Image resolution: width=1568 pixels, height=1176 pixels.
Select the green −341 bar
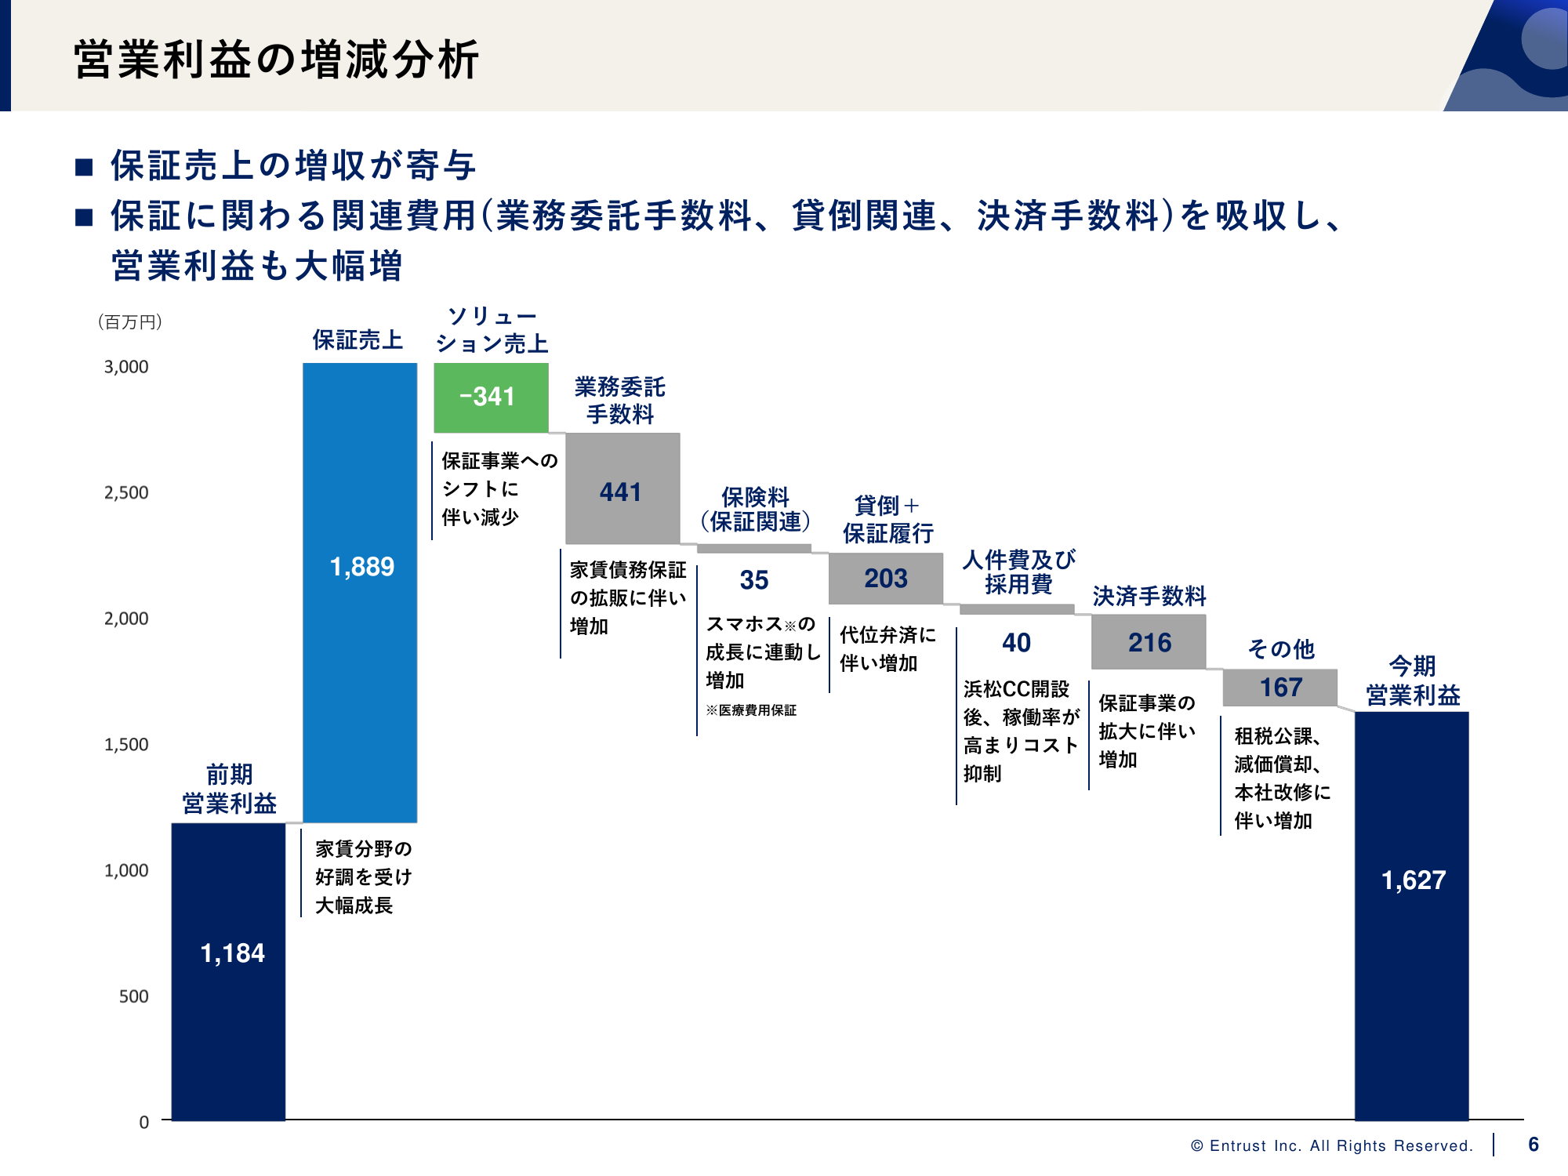coord(491,397)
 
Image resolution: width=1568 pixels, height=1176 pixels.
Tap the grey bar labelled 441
coord(622,488)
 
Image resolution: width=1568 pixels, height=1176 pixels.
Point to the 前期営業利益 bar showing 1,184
coord(228,971)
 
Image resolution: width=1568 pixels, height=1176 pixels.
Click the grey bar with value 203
coord(886,579)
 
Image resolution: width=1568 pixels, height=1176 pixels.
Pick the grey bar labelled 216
coord(1149,642)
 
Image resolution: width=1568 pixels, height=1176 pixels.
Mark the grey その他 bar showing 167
coord(1280,688)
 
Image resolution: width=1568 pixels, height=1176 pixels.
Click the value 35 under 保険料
coord(754,580)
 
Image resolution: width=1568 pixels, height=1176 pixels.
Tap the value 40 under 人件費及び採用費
coord(1017,643)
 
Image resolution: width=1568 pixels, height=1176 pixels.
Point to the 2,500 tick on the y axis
coord(126,493)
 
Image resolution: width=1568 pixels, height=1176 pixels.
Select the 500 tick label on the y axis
coord(133,996)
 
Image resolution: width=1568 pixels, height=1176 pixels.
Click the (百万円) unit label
coord(130,322)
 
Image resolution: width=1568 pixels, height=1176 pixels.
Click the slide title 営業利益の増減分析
coord(276,60)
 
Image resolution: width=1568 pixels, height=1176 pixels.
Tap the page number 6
coord(1534,1145)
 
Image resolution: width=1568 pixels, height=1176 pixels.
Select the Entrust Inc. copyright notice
coord(1331,1146)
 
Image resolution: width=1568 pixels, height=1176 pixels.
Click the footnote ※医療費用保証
coord(751,710)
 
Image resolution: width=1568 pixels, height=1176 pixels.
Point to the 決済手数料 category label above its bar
coord(1149,597)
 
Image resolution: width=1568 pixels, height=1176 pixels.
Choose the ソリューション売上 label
coord(492,330)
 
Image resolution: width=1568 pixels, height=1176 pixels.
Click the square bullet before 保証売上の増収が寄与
coord(85,167)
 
